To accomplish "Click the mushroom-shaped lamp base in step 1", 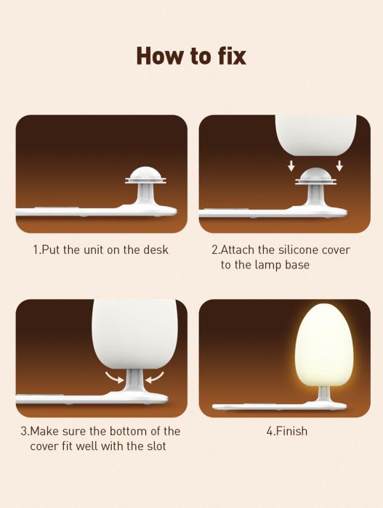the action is [145, 189].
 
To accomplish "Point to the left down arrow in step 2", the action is [291, 166].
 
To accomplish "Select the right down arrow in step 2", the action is [339, 165].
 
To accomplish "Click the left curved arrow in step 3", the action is [114, 377].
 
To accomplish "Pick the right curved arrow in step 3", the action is [155, 377].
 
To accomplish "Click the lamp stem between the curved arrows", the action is [134, 381].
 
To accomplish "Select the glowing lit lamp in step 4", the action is [320, 345].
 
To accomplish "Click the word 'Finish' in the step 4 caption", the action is [291, 431].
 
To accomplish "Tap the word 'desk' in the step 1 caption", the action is [156, 250].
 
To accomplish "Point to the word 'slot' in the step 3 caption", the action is [156, 446].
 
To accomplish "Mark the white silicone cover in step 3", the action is [134, 335].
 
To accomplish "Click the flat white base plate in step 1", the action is [96, 212].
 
